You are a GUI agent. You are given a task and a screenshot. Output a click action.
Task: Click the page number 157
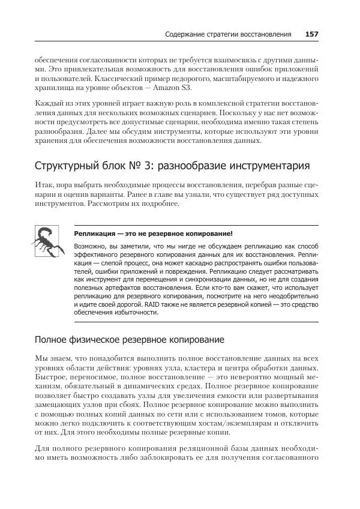[311, 34]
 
